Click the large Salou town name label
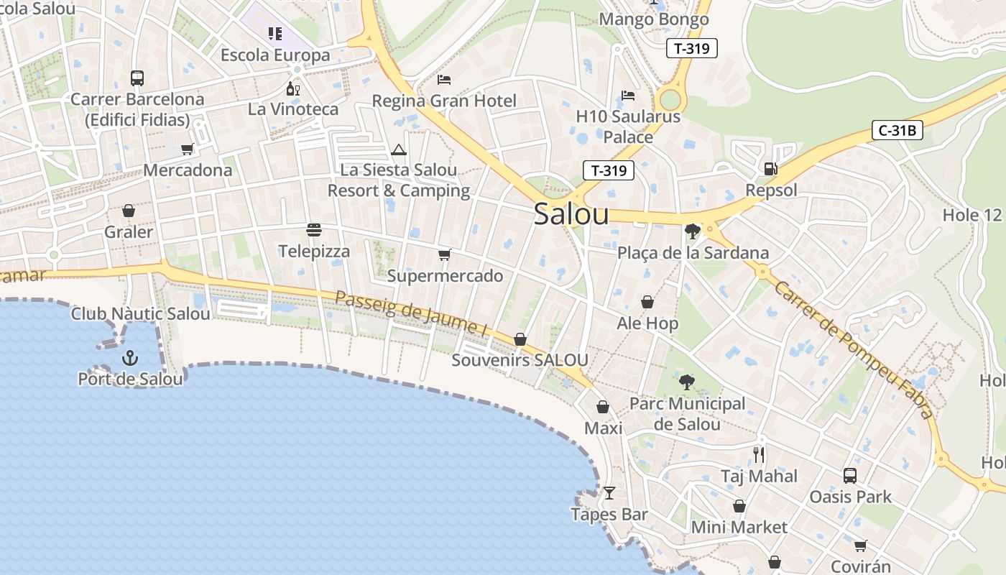tap(571, 214)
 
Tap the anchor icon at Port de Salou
tap(130, 357)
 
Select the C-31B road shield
tap(897, 130)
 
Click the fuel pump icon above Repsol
tap(770, 169)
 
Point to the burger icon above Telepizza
tap(314, 230)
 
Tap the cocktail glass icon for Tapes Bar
tap(609, 493)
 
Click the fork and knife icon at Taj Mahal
tap(759, 454)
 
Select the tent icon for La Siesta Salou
tap(399, 149)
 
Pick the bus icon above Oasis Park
tap(850, 475)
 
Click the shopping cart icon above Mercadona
tap(188, 149)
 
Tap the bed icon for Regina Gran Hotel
tap(444, 79)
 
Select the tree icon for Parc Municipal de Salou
tap(687, 382)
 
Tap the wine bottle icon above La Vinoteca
tap(292, 88)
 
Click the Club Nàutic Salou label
tap(141, 314)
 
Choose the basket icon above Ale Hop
tap(647, 302)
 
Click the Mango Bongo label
tap(654, 19)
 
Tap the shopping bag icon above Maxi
tap(603, 407)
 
